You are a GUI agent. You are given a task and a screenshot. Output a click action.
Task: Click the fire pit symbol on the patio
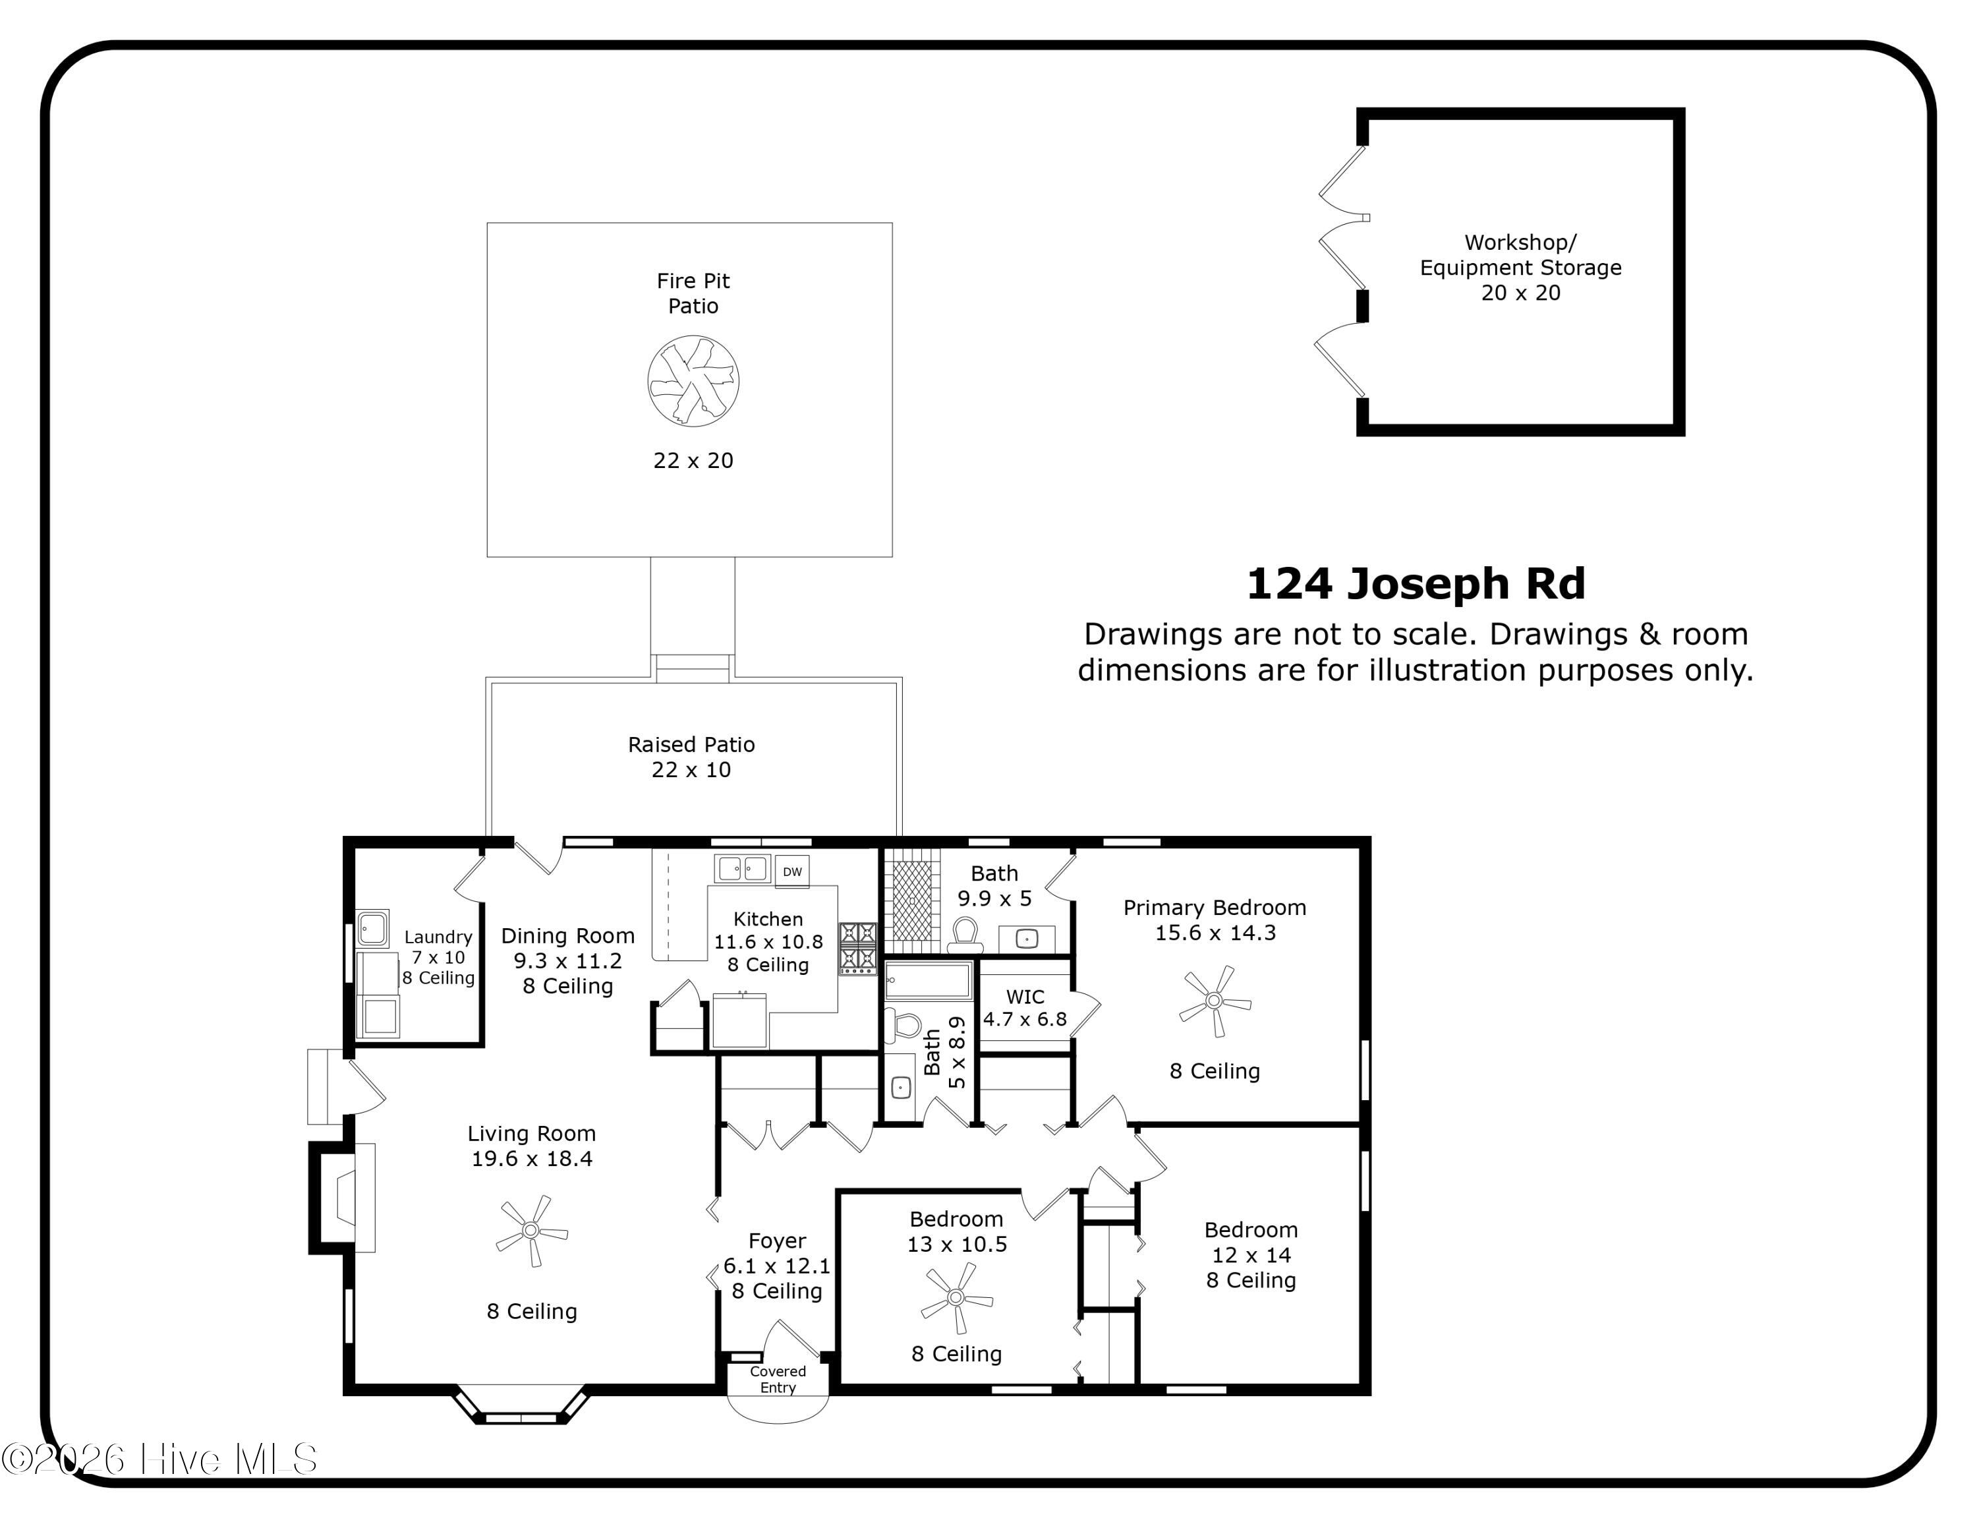[x=693, y=381]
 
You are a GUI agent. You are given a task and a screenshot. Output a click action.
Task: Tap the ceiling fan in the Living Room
[x=531, y=1230]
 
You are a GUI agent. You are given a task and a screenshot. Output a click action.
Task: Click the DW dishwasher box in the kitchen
[x=792, y=871]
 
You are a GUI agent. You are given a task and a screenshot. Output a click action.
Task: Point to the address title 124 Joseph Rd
[x=1416, y=584]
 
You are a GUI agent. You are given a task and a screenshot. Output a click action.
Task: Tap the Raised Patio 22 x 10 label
[x=691, y=757]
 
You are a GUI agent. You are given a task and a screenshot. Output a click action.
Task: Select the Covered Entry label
[x=778, y=1378]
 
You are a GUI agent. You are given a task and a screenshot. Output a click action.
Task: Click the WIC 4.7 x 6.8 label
[x=1025, y=1007]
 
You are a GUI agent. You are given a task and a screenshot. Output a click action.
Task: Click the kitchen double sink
[x=742, y=869]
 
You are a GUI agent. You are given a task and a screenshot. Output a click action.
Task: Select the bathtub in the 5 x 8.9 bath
[x=928, y=980]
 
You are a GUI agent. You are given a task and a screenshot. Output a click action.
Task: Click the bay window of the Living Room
[x=521, y=1406]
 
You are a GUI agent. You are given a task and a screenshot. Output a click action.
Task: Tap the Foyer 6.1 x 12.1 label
[x=777, y=1266]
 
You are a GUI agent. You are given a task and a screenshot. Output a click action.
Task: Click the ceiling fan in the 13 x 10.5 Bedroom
[x=956, y=1297]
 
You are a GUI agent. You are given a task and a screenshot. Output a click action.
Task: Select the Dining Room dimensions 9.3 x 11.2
[x=567, y=960]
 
